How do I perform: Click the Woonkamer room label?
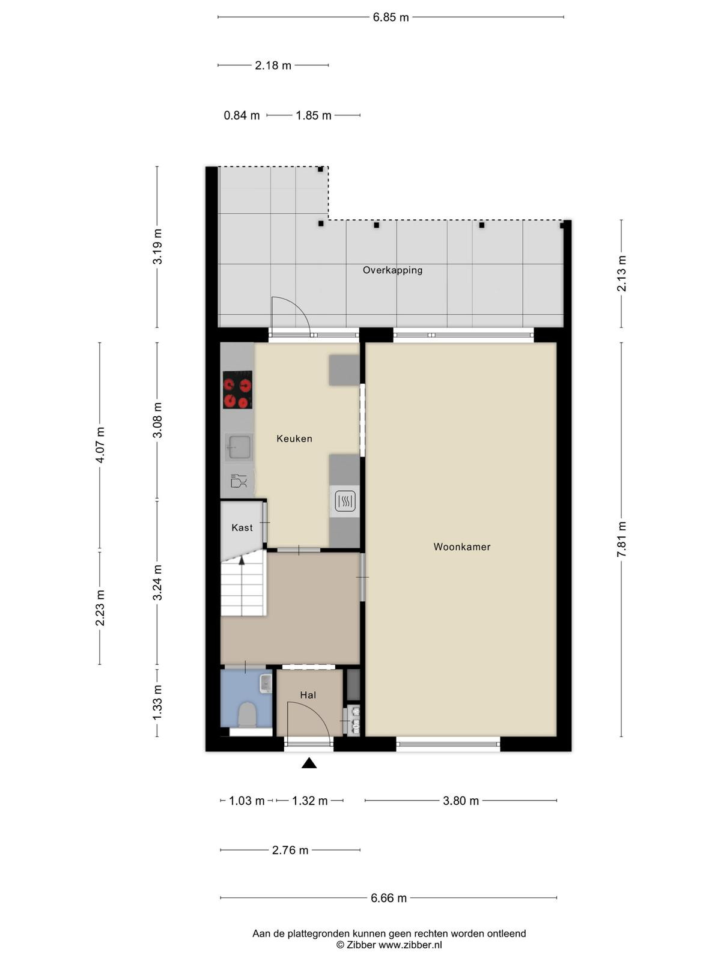tap(462, 547)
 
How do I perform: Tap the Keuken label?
tap(294, 438)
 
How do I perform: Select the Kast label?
tap(242, 527)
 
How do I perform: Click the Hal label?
tap(308, 695)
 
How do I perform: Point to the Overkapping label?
tap(393, 270)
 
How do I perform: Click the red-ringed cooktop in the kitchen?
tap(238, 390)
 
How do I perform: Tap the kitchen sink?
tap(239, 447)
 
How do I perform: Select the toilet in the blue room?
tap(247, 715)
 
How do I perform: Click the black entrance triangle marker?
tap(309, 763)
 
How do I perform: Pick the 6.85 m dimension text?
tap(391, 17)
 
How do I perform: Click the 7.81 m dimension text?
tap(622, 539)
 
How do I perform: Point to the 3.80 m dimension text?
tap(461, 801)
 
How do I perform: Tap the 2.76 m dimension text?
tap(290, 850)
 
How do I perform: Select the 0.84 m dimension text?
tap(242, 115)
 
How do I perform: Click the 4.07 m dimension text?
tap(100, 445)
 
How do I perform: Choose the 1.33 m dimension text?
tap(157, 702)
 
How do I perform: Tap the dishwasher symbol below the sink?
tap(239, 480)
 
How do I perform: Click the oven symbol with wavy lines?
tap(345, 502)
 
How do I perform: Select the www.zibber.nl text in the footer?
tap(410, 945)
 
